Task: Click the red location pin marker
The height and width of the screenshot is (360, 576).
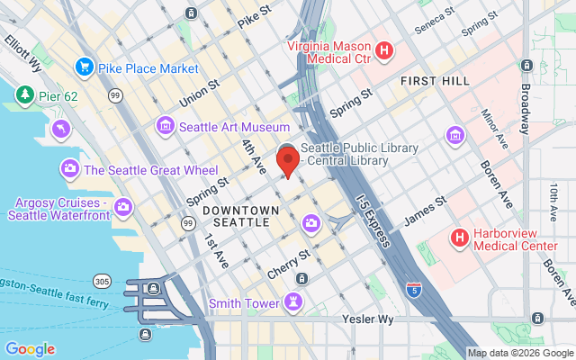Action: pyautogui.click(x=287, y=162)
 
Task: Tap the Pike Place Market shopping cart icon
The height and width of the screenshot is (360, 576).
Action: pyautogui.click(x=85, y=66)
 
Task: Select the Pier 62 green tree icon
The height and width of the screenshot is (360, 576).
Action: pyautogui.click(x=24, y=94)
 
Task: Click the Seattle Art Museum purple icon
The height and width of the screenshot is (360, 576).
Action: pyautogui.click(x=165, y=126)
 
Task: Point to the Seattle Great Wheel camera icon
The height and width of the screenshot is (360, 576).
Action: pyautogui.click(x=69, y=168)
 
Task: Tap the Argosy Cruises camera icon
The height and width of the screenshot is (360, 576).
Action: pyautogui.click(x=123, y=207)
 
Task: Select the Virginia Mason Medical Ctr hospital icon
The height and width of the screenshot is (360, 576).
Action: pyautogui.click(x=383, y=50)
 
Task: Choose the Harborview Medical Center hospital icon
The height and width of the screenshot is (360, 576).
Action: pyautogui.click(x=459, y=238)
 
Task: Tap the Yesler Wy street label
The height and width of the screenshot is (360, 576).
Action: pyautogui.click(x=368, y=319)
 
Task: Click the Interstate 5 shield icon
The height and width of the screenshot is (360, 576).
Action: pyautogui.click(x=413, y=290)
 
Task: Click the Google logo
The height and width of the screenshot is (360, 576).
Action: pyautogui.click(x=30, y=349)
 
